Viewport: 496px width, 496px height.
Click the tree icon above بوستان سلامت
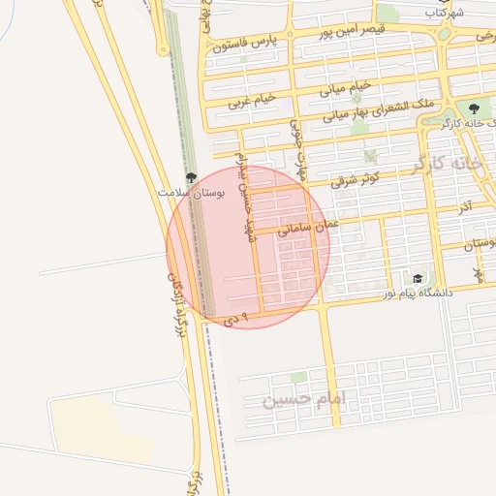click(x=191, y=177)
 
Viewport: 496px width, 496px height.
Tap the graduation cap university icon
click(x=418, y=277)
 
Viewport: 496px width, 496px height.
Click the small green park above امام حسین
click(x=298, y=377)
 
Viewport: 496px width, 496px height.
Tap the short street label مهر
click(x=478, y=275)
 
